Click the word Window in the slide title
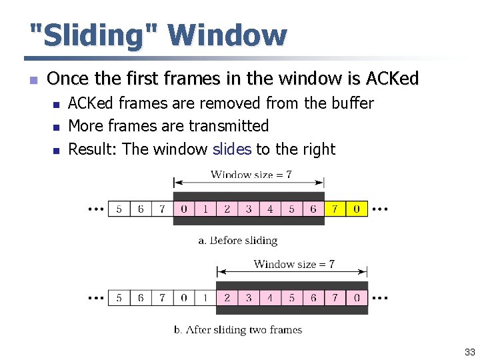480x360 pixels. tap(227, 35)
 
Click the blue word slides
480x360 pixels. tap(231, 149)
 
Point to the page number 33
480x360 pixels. tap(470, 352)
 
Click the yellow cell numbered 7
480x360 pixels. tap(335, 209)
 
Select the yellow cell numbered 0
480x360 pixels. tap(357, 209)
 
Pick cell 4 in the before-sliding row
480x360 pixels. tap(270, 209)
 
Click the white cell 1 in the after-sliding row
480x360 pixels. tap(205, 297)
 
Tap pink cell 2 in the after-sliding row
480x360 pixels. tap(227, 297)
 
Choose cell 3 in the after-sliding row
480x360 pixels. tap(249, 297)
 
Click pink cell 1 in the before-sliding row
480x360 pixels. tap(205, 209)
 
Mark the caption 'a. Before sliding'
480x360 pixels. tap(237, 241)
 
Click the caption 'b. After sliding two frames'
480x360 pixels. tap(237, 329)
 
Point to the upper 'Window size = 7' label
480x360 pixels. tap(251, 175)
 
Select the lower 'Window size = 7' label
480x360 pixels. tap(294, 264)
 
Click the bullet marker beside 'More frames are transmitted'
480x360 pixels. tap(57, 127)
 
